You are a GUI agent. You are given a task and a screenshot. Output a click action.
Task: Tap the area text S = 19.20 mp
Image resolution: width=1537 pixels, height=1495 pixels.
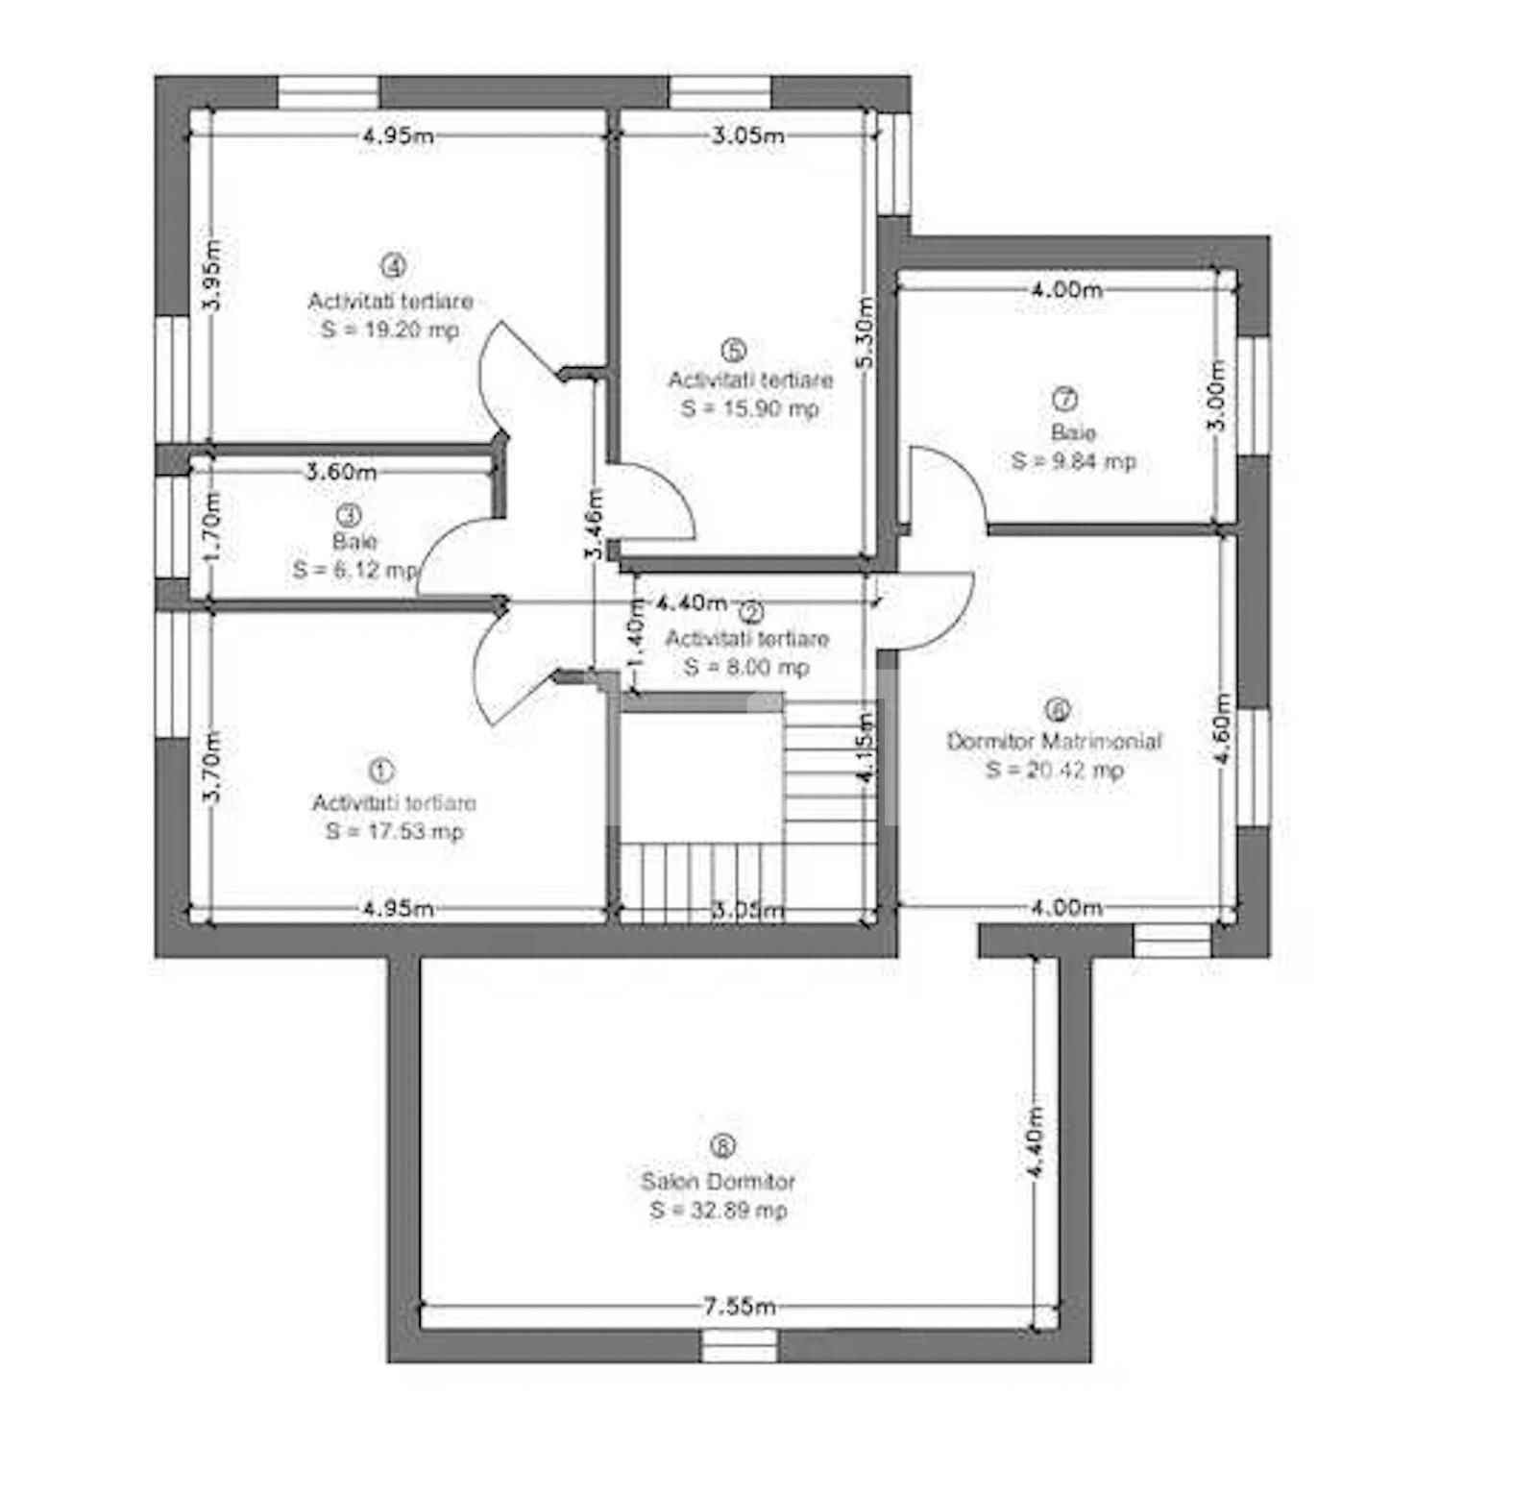click(390, 330)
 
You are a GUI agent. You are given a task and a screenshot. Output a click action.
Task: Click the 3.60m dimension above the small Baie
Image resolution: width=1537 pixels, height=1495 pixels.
click(341, 472)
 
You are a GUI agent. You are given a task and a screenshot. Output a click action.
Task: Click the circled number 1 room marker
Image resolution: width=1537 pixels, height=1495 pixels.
click(381, 771)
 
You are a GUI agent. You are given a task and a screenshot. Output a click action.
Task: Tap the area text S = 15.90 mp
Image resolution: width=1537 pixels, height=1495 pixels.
click(750, 408)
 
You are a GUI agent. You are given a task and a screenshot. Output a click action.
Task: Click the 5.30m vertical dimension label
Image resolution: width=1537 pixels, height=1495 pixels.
click(865, 332)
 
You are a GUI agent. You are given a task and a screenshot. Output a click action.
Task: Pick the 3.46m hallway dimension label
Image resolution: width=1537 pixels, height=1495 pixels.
click(595, 525)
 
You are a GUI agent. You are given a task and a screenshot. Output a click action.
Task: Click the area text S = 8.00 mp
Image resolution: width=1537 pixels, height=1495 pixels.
click(746, 667)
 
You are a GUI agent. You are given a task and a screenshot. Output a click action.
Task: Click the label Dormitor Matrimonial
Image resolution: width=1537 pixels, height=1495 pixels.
click(1055, 741)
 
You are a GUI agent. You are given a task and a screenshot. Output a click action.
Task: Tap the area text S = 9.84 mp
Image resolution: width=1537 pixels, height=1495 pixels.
click(1073, 461)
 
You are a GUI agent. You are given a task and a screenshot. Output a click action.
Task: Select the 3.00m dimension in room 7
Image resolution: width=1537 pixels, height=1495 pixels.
click(1216, 397)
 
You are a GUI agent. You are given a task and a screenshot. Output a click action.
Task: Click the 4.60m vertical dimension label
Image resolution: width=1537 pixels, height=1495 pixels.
click(1221, 728)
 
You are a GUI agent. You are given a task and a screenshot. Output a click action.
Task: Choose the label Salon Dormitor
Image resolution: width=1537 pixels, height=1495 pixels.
click(718, 1181)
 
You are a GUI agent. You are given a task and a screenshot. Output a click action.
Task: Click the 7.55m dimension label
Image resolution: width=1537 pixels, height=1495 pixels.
click(739, 1307)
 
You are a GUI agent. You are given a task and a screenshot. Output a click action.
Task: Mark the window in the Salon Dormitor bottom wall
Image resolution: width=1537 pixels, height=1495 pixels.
click(739, 1345)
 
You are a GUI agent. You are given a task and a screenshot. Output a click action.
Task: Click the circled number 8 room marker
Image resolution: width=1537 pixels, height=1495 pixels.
click(722, 1146)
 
